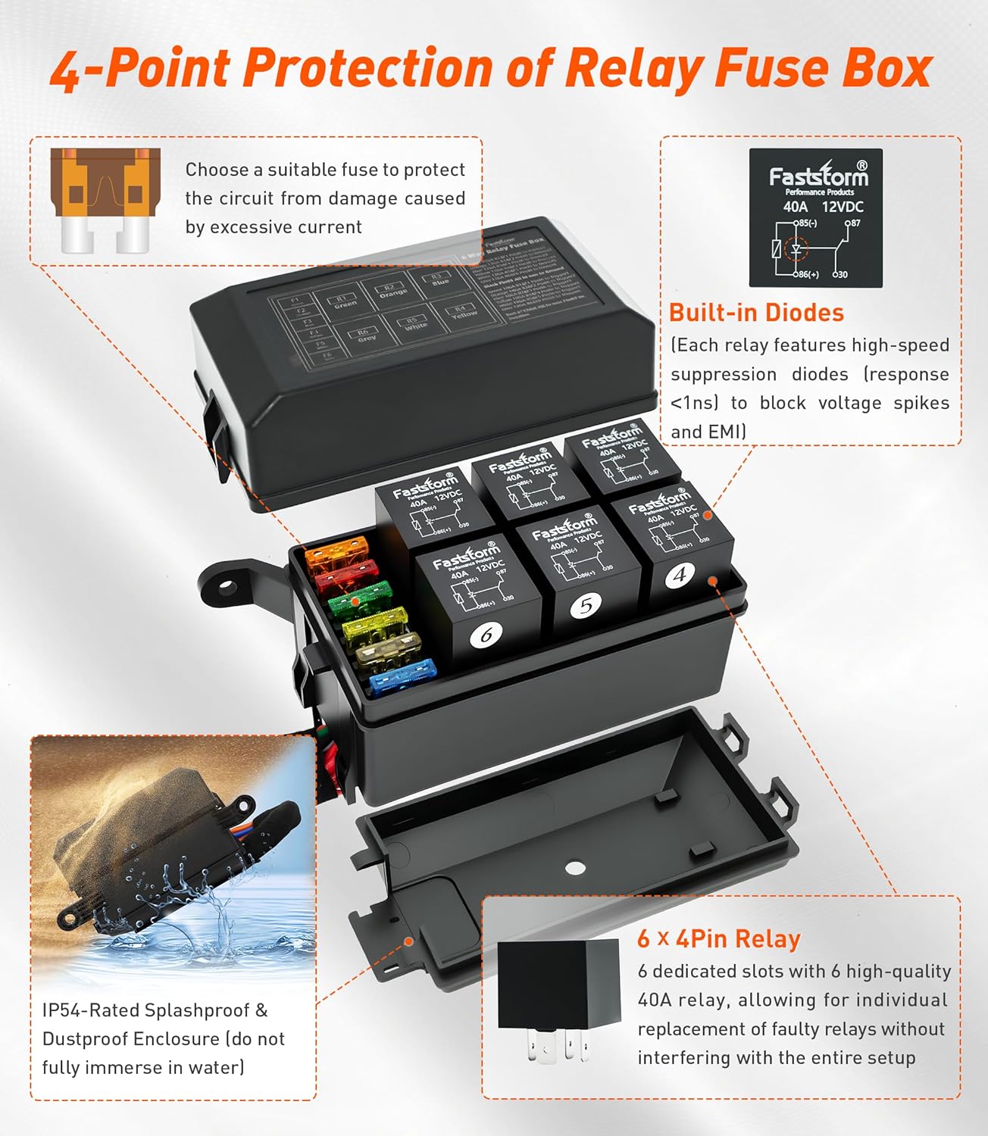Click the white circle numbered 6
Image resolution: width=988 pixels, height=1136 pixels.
pyautogui.click(x=486, y=634)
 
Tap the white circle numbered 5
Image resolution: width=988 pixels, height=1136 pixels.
pyautogui.click(x=586, y=605)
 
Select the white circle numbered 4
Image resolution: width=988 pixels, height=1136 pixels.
pyautogui.click(x=679, y=576)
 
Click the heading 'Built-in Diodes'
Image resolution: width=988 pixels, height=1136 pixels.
pyautogui.click(x=756, y=313)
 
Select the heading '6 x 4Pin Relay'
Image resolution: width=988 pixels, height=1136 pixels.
pyautogui.click(x=718, y=939)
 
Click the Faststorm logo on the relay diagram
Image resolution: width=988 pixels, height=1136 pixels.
pyautogui.click(x=818, y=176)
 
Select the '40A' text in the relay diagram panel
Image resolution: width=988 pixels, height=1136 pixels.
pyautogui.click(x=796, y=207)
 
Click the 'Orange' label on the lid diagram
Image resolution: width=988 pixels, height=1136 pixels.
pyautogui.click(x=393, y=292)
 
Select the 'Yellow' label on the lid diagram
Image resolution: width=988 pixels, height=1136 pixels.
pyautogui.click(x=464, y=312)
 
